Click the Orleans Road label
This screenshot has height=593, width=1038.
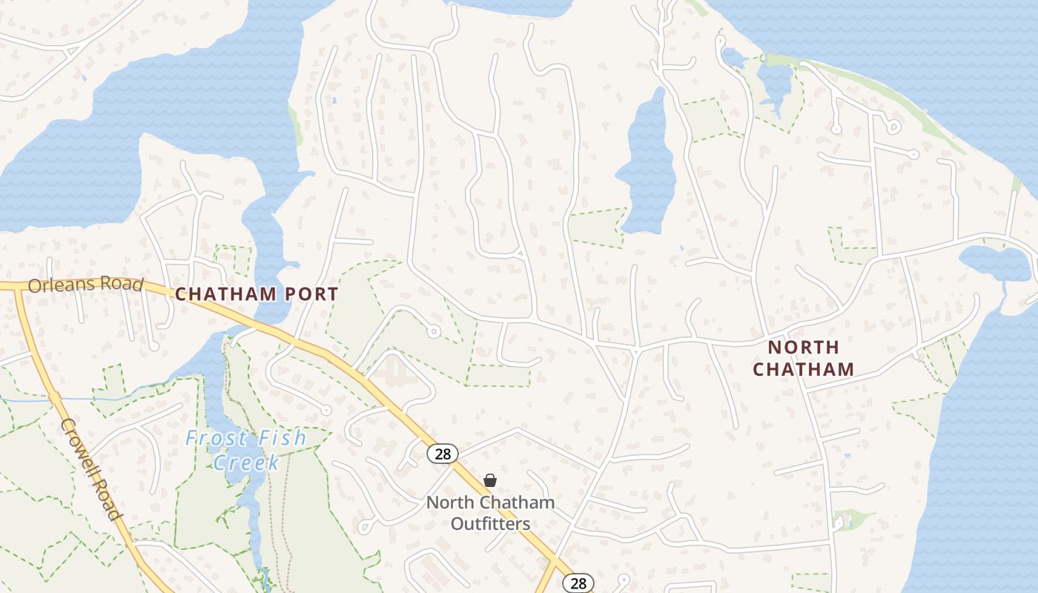pyautogui.click(x=85, y=285)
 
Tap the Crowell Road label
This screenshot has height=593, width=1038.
pyautogui.click(x=90, y=469)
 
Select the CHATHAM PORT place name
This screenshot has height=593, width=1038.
pyautogui.click(x=257, y=294)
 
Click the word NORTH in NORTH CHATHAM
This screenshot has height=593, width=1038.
pyautogui.click(x=803, y=347)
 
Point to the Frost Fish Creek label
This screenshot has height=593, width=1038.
pyautogui.click(x=245, y=450)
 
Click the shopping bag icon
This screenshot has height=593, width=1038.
pyautogui.click(x=490, y=480)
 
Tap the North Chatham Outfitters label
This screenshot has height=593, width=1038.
pyautogui.click(x=490, y=513)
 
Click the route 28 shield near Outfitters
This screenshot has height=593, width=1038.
pyautogui.click(x=443, y=454)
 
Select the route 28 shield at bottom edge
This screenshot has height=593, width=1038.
pyautogui.click(x=578, y=583)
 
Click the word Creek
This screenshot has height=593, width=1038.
pyautogui.click(x=246, y=463)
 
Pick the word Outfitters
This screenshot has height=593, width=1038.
pyautogui.click(x=490, y=523)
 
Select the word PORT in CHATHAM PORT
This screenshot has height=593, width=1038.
pyautogui.click(x=312, y=294)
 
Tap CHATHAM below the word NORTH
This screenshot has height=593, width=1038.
pyautogui.click(x=803, y=368)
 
